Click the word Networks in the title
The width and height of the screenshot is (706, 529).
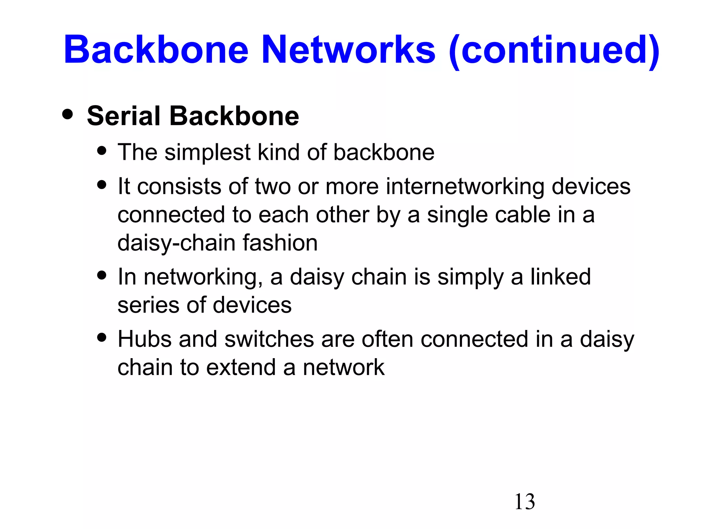point(349,50)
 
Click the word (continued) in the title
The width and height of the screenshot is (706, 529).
point(554,50)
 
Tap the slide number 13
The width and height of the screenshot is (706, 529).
point(524,501)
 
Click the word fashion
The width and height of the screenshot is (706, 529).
point(280,243)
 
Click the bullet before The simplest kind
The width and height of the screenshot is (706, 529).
point(102,151)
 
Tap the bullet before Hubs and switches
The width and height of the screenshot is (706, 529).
point(102,337)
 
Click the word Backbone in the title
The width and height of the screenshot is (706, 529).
point(156,50)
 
